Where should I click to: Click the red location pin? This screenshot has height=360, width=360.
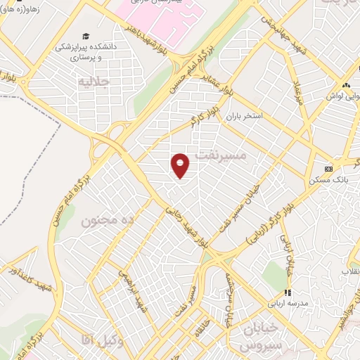point(181,165)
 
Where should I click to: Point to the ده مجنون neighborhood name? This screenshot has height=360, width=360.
point(107,221)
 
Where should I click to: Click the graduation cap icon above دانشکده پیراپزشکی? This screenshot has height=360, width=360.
point(86,36)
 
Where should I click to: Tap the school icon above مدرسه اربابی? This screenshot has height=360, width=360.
point(287,292)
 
